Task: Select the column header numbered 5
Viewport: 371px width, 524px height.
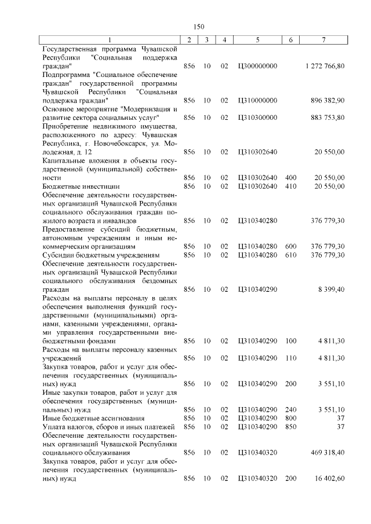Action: coord(257,39)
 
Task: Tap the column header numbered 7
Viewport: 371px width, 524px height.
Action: coord(324,39)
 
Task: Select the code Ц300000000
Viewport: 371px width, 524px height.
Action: coord(257,67)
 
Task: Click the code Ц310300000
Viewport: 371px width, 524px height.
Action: coord(257,118)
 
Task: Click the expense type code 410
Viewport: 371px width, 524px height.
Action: coord(291,186)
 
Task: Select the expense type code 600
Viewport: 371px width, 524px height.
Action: coord(291,246)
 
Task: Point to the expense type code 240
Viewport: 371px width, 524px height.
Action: coord(291,409)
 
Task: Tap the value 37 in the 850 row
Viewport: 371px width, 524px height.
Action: coord(340,427)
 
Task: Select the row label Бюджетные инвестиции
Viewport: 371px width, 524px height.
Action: coord(81,186)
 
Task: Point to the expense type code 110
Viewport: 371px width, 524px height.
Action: coord(291,358)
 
